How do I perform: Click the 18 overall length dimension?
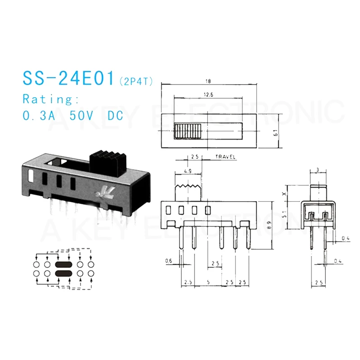click(x=208, y=81)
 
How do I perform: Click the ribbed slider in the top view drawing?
click(x=186, y=131)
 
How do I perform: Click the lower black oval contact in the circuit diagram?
click(x=63, y=273)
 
